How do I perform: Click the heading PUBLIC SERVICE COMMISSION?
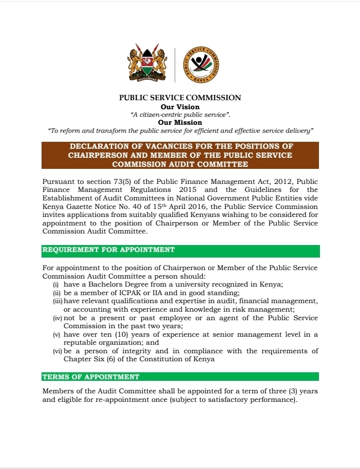tap(180, 98)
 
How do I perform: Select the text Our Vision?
tap(180, 107)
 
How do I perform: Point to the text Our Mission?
tap(180, 122)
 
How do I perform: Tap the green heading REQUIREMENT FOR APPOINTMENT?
tap(109, 250)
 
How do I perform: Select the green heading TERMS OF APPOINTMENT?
tap(91, 377)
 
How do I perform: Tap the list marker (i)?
tap(57, 285)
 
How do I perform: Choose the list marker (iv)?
tap(58, 318)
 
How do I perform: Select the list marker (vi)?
tap(58, 351)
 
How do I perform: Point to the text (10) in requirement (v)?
tap(119, 335)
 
